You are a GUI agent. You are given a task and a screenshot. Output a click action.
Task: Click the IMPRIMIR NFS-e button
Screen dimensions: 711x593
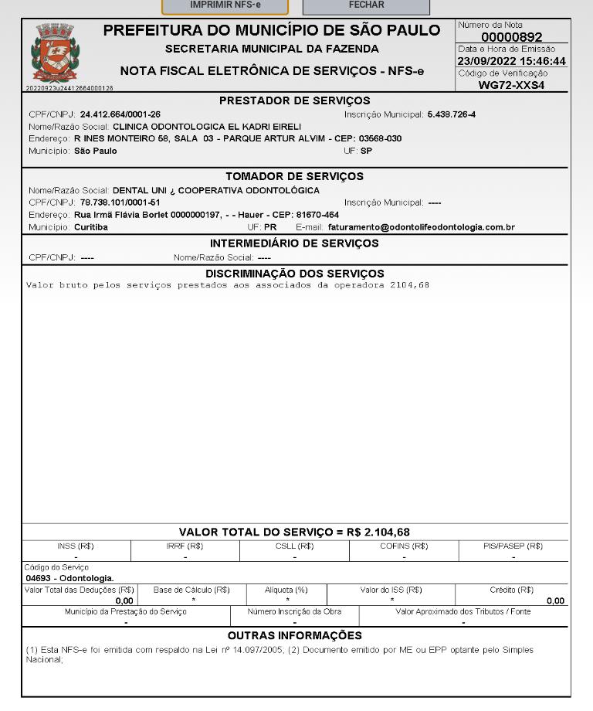(224, 5)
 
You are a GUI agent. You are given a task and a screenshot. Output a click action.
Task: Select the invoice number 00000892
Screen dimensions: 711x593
(511, 37)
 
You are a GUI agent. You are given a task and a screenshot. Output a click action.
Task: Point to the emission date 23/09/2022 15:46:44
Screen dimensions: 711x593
(511, 61)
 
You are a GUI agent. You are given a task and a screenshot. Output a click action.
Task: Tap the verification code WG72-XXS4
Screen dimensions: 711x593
(511, 85)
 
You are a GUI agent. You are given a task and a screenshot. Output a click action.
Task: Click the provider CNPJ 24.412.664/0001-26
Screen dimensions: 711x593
(120, 114)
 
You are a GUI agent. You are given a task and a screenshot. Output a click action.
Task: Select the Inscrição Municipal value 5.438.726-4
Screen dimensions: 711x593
(452, 114)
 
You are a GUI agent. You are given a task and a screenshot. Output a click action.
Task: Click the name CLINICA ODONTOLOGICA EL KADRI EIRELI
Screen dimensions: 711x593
(207, 126)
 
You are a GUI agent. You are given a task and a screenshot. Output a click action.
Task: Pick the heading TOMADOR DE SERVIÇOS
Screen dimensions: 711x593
(294, 176)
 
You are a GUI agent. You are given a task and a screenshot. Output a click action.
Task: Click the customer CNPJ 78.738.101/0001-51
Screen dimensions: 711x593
(120, 202)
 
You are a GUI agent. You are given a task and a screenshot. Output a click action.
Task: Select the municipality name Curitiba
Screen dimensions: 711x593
(91, 227)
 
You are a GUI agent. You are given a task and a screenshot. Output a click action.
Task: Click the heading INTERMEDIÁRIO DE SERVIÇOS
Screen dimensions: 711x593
(294, 243)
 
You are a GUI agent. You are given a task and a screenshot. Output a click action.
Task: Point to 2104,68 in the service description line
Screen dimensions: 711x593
(409, 285)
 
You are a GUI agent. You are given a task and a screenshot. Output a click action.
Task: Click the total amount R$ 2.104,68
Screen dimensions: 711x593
(378, 532)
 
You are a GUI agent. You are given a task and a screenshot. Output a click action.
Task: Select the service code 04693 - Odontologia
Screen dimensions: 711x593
(69, 578)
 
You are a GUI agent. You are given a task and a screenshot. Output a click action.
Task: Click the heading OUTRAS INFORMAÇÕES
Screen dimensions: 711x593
(294, 635)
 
